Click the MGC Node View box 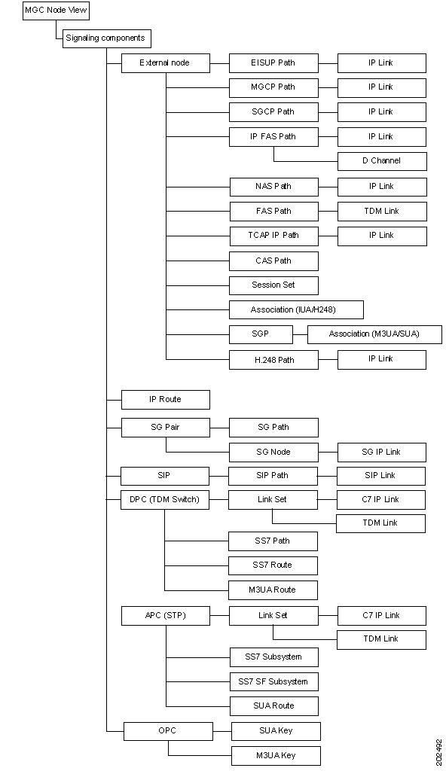point(56,11)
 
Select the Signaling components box point(105,38)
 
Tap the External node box point(166,63)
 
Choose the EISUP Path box point(273,63)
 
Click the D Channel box point(382,161)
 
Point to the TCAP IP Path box point(273,236)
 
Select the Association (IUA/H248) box point(296,309)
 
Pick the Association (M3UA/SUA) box point(374,334)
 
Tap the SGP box point(261,334)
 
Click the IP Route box point(166,400)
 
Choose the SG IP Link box point(381,453)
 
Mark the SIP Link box point(380,476)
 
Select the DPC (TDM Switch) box point(165,500)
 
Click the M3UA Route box point(273,590)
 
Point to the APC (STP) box point(166,616)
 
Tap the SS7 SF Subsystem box point(273,681)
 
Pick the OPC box point(168,731)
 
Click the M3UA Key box point(276,756)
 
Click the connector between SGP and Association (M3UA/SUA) point(301,334)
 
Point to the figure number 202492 point(439,752)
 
